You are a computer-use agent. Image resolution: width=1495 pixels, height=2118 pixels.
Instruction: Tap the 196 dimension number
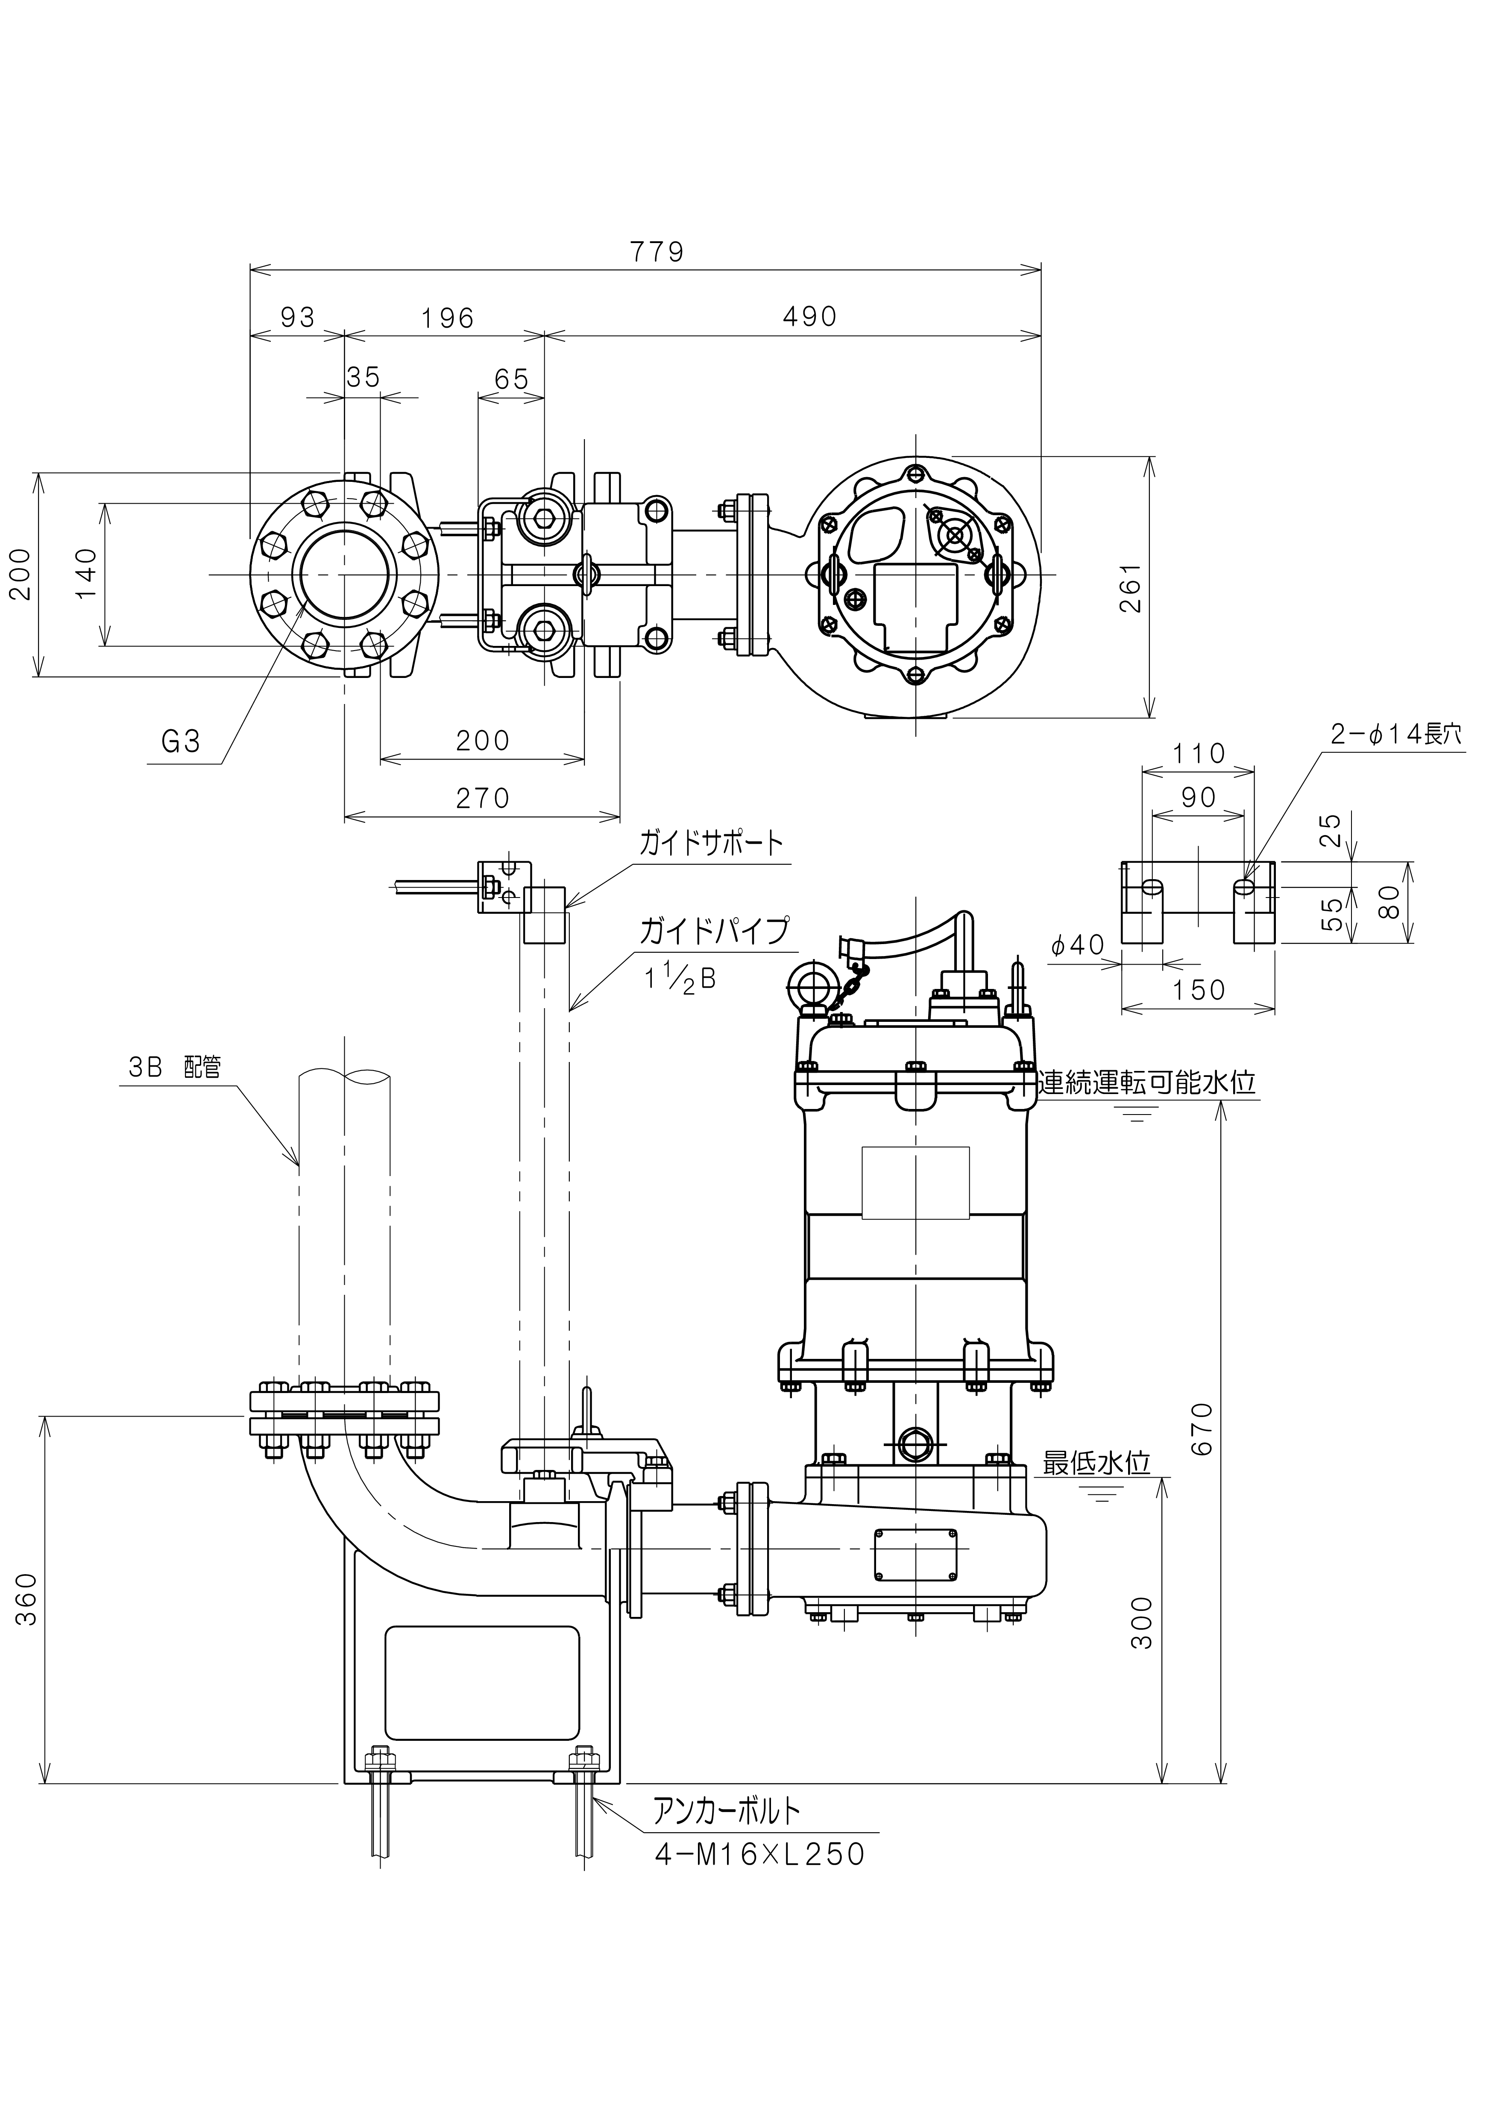[447, 318]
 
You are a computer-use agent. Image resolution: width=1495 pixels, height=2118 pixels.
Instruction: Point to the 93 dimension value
[297, 317]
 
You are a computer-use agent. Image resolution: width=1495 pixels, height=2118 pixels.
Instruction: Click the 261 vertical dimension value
[1131, 588]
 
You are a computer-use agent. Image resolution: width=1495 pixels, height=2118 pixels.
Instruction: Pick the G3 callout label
[181, 742]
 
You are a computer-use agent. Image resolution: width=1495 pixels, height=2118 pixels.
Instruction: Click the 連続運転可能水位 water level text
[1147, 1082]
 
